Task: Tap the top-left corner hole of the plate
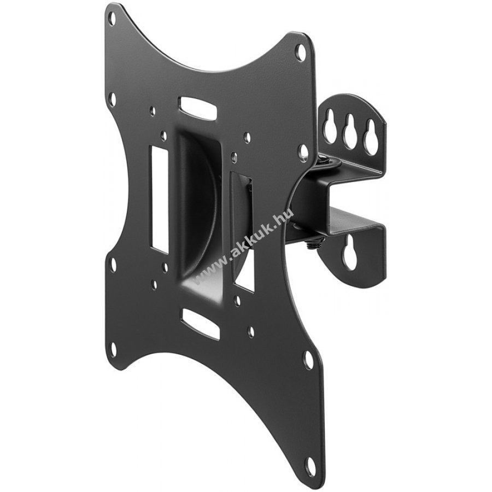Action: [111, 17]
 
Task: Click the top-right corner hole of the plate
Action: [302, 50]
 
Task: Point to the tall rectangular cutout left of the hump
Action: [160, 199]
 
